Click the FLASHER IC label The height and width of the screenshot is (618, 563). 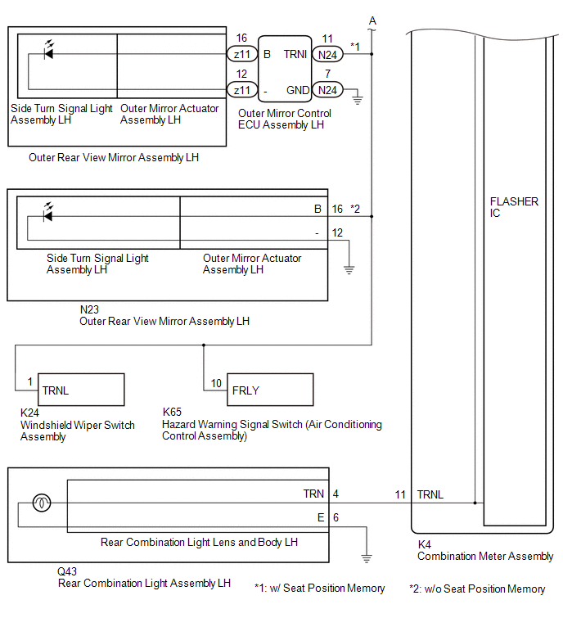514,207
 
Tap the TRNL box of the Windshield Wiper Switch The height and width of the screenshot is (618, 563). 81,390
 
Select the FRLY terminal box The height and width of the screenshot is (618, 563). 270,390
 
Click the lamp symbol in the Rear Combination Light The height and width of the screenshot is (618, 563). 42,503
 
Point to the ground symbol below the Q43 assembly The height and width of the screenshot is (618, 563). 367,558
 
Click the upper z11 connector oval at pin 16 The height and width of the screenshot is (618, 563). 242,54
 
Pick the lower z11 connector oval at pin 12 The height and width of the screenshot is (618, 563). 242,90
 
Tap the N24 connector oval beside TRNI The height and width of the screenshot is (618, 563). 327,54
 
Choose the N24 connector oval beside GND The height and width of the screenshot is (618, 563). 327,90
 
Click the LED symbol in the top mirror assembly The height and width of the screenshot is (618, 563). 49,51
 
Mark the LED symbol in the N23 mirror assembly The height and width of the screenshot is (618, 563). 48,213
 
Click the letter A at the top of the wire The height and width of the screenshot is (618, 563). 372,21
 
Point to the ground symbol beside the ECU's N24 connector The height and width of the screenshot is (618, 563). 358,99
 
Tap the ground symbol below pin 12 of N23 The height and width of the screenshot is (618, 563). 349,270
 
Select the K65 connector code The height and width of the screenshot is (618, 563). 172,412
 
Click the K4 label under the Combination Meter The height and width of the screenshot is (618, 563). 425,544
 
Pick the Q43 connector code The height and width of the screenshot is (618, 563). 67,571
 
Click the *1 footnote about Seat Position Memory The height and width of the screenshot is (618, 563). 319,588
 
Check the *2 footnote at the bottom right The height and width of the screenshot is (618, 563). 477,589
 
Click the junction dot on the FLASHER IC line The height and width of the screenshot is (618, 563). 475,503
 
